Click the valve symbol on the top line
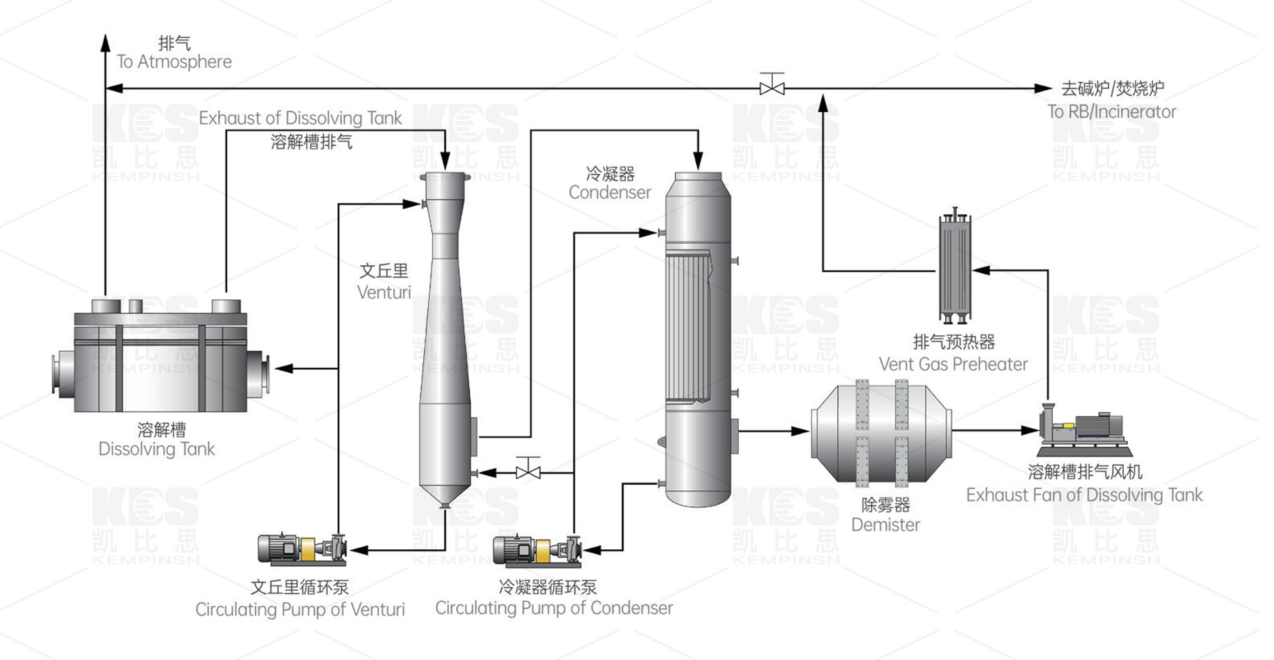click(x=771, y=87)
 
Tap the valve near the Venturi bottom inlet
click(x=528, y=472)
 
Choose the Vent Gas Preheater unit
click(x=955, y=267)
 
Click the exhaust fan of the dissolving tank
click(x=1082, y=427)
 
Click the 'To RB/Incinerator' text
click(x=1111, y=112)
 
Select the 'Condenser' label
click(x=610, y=193)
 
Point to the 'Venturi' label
click(x=384, y=292)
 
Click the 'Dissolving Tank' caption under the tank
click(x=156, y=449)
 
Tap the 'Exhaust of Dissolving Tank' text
click(x=300, y=118)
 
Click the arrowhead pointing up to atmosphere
click(x=105, y=43)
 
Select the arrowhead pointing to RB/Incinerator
click(x=1043, y=88)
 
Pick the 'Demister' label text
click(x=886, y=525)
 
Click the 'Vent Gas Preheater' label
click(x=953, y=364)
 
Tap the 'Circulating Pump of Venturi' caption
click(x=300, y=609)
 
